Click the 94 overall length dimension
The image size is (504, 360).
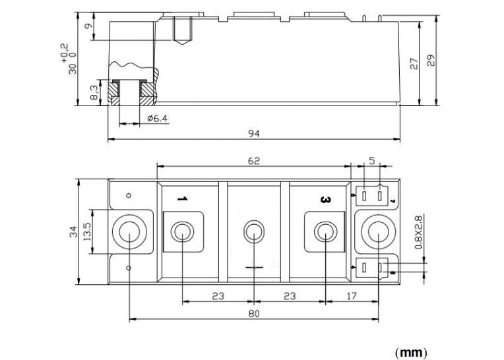pyautogui.click(x=254, y=133)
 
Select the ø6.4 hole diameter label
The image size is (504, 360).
pyautogui.click(x=157, y=118)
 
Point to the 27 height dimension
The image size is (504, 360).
pyautogui.click(x=414, y=63)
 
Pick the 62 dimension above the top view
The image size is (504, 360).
pyautogui.click(x=254, y=160)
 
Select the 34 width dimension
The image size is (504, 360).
pyautogui.click(x=74, y=231)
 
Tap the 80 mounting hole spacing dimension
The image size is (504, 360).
pyautogui.click(x=254, y=313)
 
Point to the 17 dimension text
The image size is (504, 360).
pyautogui.click(x=351, y=296)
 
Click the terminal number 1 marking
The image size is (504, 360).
pyautogui.click(x=182, y=199)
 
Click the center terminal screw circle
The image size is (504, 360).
pyautogui.click(x=253, y=231)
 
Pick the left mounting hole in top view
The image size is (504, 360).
pyautogui.click(x=129, y=231)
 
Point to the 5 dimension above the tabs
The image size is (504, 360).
pyautogui.click(x=372, y=160)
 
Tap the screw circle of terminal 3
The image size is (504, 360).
pyautogui.click(x=325, y=231)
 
